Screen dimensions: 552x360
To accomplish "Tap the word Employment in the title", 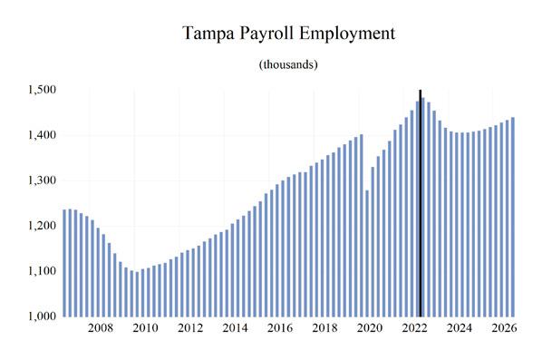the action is pos(347,34).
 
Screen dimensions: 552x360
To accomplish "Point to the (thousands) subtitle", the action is pos(288,64).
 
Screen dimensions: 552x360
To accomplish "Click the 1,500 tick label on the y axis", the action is pos(42,90).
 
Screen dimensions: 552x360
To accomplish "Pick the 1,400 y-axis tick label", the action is pos(42,135).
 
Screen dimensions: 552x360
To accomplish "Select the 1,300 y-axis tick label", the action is pos(42,180).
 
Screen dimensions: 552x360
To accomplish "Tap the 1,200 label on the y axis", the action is pos(42,226).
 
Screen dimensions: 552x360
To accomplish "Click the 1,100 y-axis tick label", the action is pos(42,271).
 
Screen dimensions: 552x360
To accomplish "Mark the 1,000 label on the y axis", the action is pos(42,316).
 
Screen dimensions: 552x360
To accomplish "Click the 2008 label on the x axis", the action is pos(101,328).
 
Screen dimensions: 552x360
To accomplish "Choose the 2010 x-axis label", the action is pos(145,328).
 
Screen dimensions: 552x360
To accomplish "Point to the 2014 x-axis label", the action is pos(235,328).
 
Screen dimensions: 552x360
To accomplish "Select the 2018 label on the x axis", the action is pos(324,328).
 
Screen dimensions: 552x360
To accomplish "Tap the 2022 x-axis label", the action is pos(415,328).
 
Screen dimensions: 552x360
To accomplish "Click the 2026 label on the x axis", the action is pos(504,328).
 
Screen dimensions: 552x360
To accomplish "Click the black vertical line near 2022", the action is pos(421,203).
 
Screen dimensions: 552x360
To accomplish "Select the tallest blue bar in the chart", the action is pos(423,207).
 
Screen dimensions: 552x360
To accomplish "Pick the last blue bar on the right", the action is pos(513,217).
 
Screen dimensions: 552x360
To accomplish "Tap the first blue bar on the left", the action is pos(64,263).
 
